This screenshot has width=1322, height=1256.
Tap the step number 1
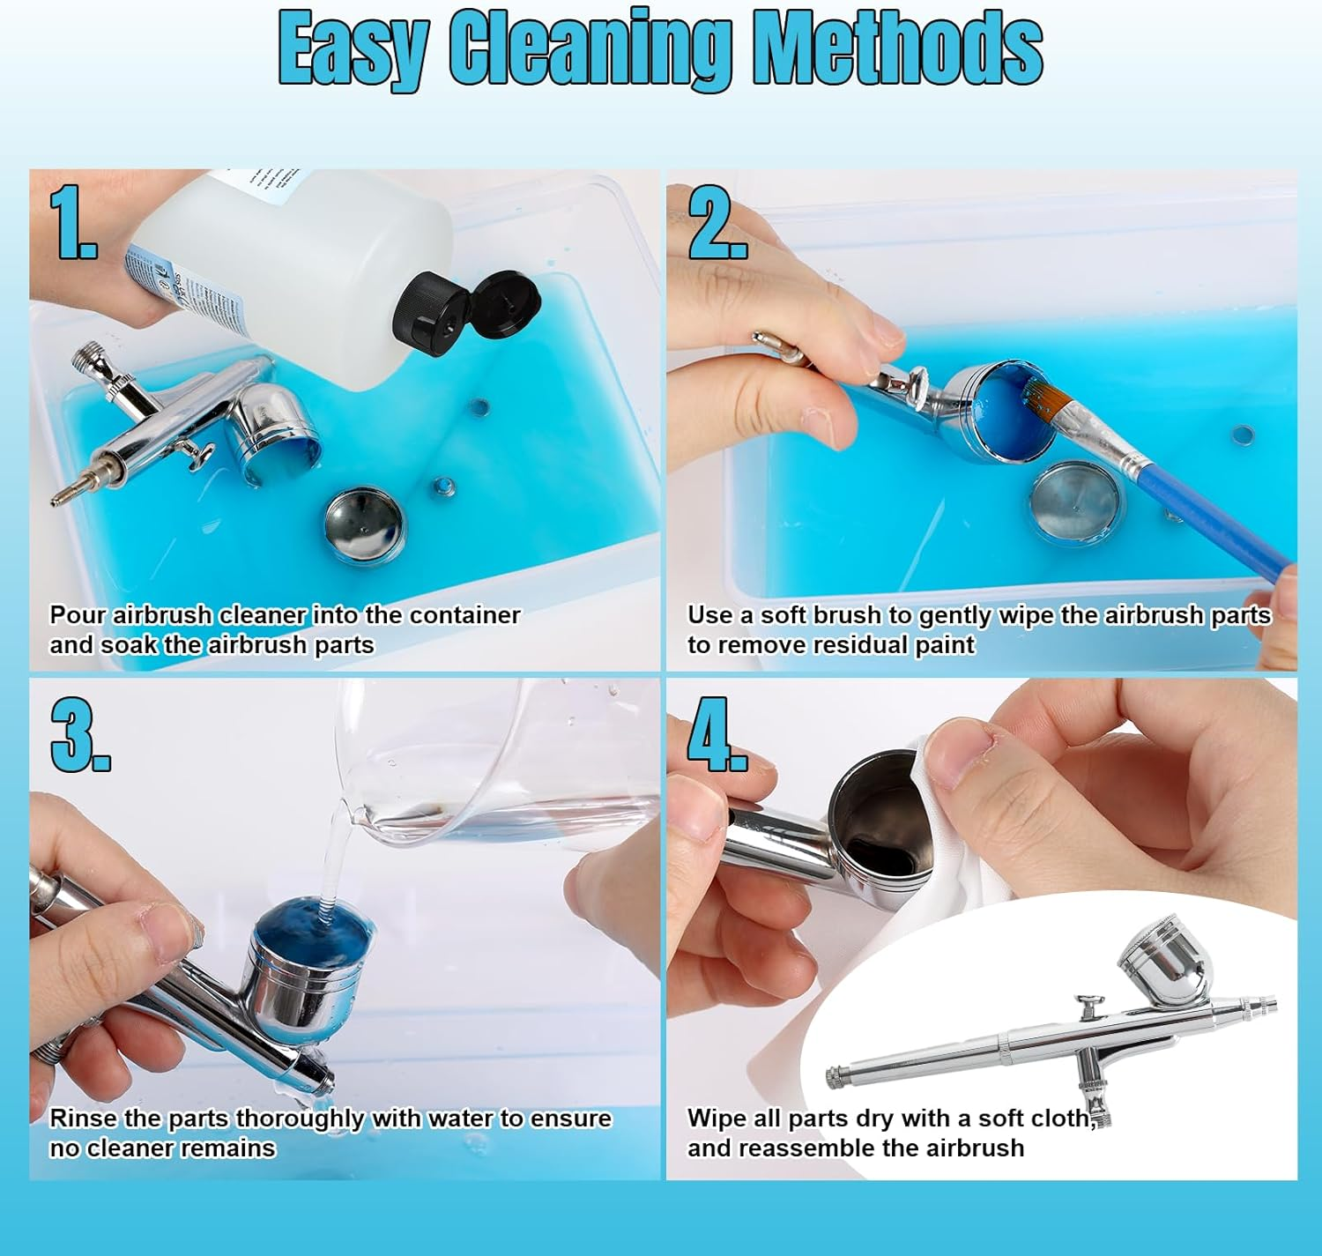click(x=73, y=222)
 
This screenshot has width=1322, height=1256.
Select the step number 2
click(x=717, y=222)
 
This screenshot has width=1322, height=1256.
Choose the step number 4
click(x=717, y=733)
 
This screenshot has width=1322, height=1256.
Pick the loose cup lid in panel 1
click(x=364, y=525)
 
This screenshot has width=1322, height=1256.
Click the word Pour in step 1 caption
click(x=78, y=615)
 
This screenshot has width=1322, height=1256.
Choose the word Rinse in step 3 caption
click(x=84, y=1119)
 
